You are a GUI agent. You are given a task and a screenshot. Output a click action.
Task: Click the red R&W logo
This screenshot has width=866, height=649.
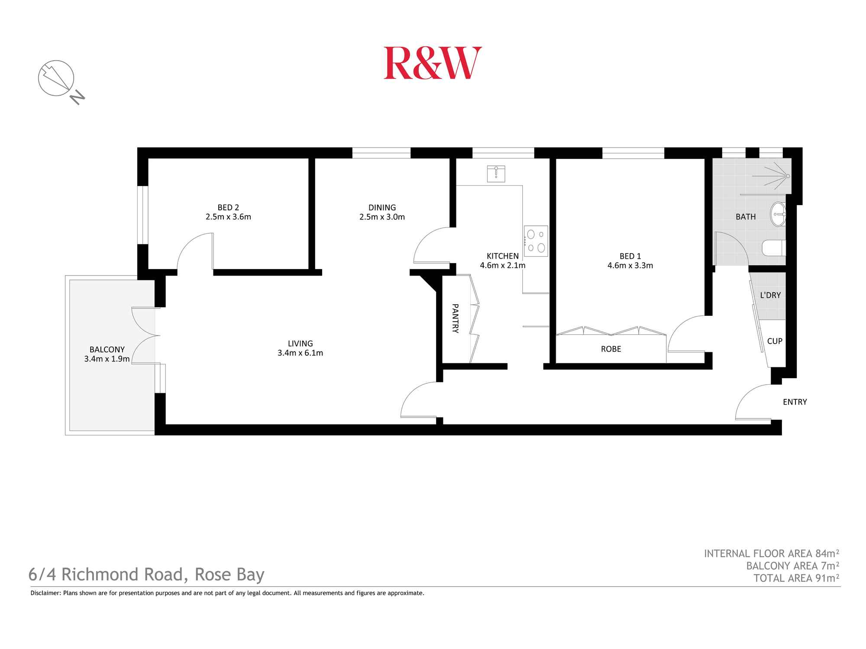click(x=433, y=63)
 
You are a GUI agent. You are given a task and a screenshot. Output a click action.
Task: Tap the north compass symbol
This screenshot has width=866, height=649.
click(x=57, y=78)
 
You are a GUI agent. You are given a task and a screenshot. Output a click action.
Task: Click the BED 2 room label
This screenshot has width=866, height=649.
click(x=228, y=208)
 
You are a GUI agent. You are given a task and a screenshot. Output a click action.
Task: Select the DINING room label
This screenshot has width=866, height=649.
click(x=382, y=208)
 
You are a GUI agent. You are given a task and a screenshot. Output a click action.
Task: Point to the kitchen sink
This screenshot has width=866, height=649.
click(x=496, y=173)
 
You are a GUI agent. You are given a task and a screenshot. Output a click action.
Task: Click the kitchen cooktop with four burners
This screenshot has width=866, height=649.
click(x=536, y=241)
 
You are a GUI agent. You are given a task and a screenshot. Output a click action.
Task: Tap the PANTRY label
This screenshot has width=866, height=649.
click(x=455, y=318)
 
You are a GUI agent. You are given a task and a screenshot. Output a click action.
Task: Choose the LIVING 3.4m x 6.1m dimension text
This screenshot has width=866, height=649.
click(x=300, y=353)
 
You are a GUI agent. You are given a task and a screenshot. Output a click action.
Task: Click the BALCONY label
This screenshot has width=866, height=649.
click(x=107, y=349)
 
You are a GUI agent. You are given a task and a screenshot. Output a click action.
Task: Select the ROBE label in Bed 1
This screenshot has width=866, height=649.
click(x=611, y=349)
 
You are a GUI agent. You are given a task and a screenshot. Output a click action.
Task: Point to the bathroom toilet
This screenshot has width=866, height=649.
click(x=774, y=248)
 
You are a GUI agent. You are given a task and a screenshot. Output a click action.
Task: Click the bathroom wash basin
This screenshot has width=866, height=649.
click(x=778, y=214)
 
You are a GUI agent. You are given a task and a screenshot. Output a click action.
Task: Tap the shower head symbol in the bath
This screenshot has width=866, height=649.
click(x=787, y=176)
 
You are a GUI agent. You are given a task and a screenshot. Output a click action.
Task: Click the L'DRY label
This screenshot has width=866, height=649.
click(x=770, y=295)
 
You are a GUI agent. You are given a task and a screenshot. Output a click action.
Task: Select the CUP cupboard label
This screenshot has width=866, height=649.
click(x=775, y=341)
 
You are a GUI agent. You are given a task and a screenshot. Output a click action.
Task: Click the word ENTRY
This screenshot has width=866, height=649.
click(x=795, y=402)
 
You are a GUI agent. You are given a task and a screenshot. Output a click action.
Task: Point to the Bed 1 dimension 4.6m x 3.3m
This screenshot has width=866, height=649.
click(x=630, y=266)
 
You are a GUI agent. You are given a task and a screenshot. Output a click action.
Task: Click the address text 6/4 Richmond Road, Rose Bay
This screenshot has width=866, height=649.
click(x=146, y=575)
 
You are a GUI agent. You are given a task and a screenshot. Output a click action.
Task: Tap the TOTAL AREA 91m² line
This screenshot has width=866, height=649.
click(x=796, y=578)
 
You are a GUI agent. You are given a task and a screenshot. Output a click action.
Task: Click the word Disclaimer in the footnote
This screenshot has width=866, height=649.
click(x=45, y=593)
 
